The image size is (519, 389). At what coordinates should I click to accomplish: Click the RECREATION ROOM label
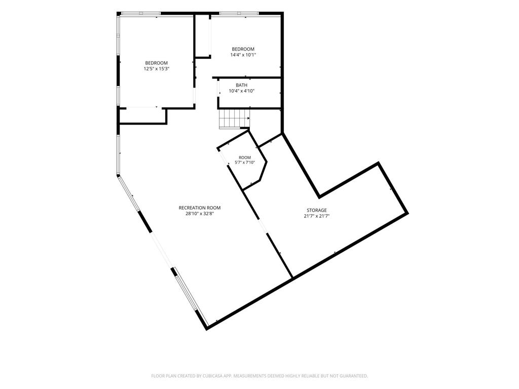[x=200, y=208]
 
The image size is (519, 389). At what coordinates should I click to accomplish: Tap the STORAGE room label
[x=316, y=210]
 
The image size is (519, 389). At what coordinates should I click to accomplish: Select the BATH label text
[x=241, y=85]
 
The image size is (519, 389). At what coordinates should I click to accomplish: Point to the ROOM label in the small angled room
[x=245, y=158]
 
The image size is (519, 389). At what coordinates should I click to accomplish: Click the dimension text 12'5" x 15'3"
[x=156, y=69]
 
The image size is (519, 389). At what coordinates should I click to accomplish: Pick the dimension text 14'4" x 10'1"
[x=243, y=55]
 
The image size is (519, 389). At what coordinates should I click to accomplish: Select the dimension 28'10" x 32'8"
[x=200, y=214]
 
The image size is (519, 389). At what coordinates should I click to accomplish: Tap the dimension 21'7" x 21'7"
[x=316, y=216]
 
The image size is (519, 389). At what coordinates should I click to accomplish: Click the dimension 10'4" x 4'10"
[x=241, y=91]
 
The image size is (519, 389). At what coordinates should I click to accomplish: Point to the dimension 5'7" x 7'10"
[x=245, y=163]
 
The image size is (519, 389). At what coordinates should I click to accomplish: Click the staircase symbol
[x=234, y=119]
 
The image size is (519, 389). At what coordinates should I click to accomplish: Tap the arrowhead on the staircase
[x=248, y=118]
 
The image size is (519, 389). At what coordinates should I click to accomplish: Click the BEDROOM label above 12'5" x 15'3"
[x=156, y=63]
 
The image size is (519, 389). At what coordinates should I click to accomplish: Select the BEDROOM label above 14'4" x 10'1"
[x=243, y=49]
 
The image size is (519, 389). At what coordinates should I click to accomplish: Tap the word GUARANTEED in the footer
[x=355, y=376]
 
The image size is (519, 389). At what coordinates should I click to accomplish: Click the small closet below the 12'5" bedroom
[x=142, y=116]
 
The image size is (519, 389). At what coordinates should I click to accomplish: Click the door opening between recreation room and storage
[x=263, y=226]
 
